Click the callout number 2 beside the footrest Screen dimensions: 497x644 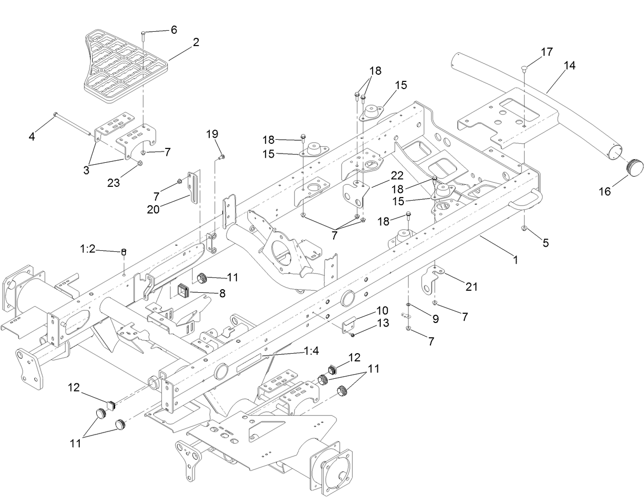pos(196,43)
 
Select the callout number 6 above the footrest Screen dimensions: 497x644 pos(174,30)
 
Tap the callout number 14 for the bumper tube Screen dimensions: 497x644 pos(569,66)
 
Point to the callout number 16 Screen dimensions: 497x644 pos(605,191)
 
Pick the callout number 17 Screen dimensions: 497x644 pos(546,52)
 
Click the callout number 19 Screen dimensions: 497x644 pos(212,134)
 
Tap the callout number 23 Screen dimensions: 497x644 pos(113,182)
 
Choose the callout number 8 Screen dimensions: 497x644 pos(222,294)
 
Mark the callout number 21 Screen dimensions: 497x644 pos(471,287)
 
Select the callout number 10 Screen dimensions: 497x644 pos(383,311)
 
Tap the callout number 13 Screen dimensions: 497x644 pos(383,323)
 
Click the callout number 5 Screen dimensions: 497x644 pos(546,243)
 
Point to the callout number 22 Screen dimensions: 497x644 pos(397,175)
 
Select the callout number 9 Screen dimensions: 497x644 pos(435,318)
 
